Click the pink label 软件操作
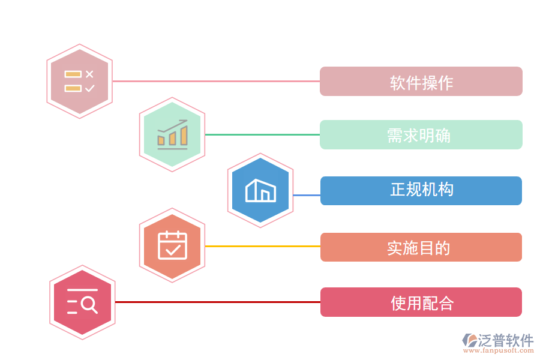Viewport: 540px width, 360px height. click(421, 82)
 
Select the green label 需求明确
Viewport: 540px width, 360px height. click(421, 135)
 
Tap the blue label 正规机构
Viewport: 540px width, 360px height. click(421, 191)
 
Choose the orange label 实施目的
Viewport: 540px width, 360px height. click(421, 247)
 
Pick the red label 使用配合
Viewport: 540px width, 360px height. click(421, 302)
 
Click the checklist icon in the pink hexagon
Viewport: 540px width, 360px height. click(80, 81)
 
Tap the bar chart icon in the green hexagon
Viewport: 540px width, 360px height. click(172, 134)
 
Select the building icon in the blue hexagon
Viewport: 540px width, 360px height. click(260, 190)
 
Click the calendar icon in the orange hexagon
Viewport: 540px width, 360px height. click(172, 245)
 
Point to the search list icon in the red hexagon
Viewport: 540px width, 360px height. click(82, 302)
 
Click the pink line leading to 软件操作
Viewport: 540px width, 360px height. click(216, 81)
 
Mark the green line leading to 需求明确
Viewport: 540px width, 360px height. click(262, 134)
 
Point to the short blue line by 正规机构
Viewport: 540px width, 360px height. click(307, 195)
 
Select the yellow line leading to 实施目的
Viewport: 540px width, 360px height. click(262, 246)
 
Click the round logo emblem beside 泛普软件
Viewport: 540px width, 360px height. click(469, 341)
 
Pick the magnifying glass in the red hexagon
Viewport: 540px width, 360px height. click(89, 305)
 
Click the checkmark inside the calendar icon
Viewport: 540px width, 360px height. click(173, 248)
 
